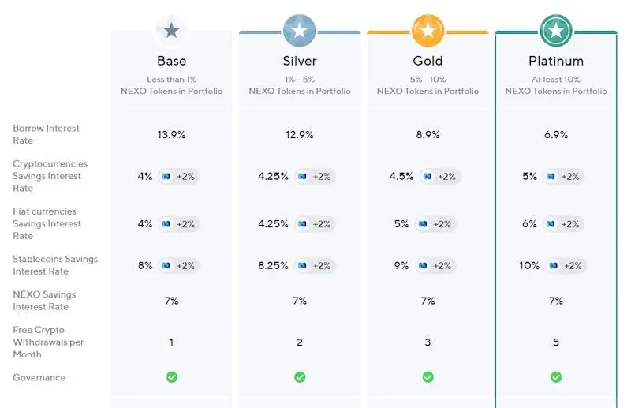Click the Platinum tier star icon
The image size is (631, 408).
[x=556, y=31]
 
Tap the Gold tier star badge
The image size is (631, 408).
[x=428, y=31]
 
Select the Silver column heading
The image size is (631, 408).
[x=299, y=61]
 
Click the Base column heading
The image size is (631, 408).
[x=171, y=61]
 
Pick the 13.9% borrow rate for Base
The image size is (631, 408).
[x=171, y=135]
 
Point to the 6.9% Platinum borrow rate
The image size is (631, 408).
[x=556, y=135]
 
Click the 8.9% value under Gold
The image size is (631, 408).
[x=428, y=135]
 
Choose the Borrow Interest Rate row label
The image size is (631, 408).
[x=46, y=134]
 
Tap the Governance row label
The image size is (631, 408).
[x=39, y=377]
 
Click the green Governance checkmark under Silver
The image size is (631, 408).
[x=300, y=377]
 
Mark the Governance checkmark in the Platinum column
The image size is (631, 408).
[x=556, y=377]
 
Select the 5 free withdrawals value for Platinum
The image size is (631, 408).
[x=556, y=342]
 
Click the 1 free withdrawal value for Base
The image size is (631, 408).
[x=171, y=342]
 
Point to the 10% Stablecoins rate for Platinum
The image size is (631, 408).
[x=528, y=266]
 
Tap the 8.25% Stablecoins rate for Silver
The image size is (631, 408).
[x=273, y=266]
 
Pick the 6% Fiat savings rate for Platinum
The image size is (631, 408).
[x=530, y=224]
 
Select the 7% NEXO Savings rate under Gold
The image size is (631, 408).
[x=428, y=301]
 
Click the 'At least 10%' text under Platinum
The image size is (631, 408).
[x=556, y=80]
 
